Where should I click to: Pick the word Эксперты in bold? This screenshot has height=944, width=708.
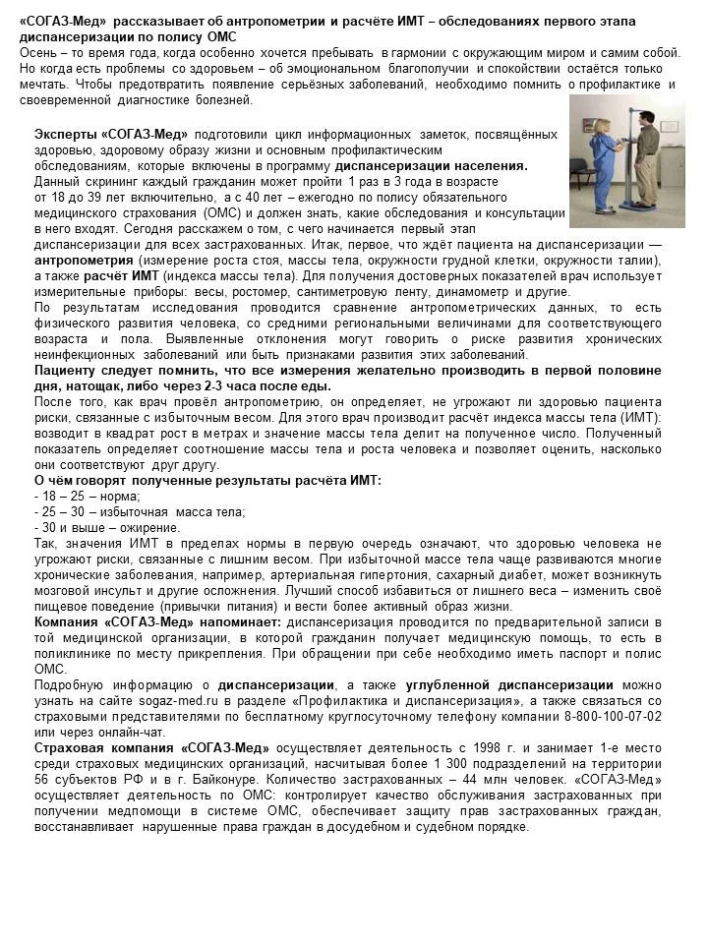[67, 135]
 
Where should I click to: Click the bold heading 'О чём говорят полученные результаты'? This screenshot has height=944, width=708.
[207, 480]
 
